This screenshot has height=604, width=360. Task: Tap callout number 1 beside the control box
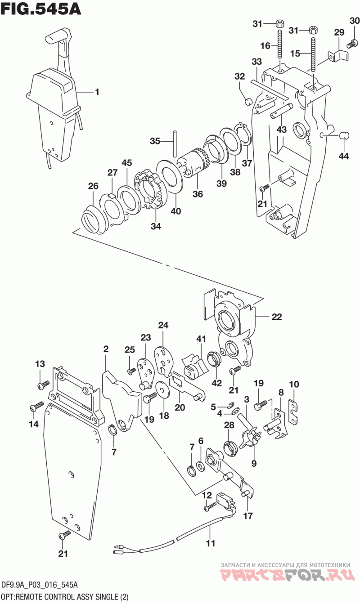click(97, 92)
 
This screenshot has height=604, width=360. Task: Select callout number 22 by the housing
click(277, 316)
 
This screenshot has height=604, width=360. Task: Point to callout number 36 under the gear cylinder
click(198, 194)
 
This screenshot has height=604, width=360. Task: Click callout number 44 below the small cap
click(343, 156)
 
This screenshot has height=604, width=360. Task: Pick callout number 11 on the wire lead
click(211, 543)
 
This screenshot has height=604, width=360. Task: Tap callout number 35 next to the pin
click(155, 141)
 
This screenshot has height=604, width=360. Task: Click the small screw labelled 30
click(352, 45)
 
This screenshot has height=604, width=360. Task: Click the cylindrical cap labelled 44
click(344, 135)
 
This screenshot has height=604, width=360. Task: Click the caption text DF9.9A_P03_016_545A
click(40, 585)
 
